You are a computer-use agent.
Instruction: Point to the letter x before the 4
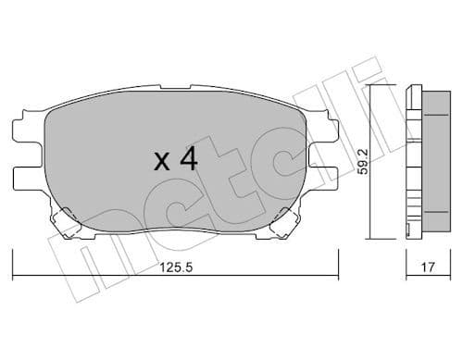coord(161,163)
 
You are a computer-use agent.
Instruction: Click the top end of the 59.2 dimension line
coord(372,85)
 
